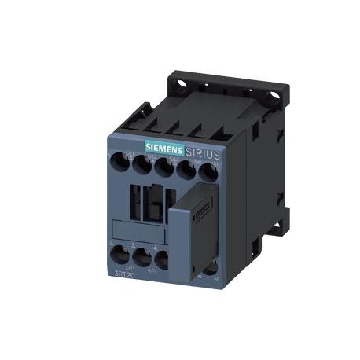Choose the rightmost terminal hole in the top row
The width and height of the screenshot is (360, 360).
click(x=208, y=172)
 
